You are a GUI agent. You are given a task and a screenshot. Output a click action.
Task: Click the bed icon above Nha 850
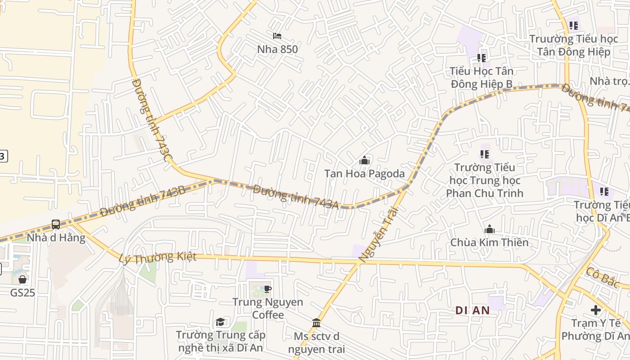point(277,36)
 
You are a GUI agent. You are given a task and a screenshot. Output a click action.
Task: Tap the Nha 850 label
point(277,49)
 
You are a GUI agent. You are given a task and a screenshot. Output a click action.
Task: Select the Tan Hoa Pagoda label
point(364,174)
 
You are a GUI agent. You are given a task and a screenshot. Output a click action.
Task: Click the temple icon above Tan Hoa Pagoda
point(364,160)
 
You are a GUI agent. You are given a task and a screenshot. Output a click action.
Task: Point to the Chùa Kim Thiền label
point(490,243)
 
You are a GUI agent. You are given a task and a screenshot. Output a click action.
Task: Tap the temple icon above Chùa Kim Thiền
point(490,229)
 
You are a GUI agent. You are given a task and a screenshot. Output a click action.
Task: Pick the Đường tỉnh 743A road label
point(296,197)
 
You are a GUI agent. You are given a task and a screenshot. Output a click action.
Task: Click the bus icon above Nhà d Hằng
point(56,224)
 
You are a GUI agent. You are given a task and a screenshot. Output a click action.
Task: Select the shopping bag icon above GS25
point(22,279)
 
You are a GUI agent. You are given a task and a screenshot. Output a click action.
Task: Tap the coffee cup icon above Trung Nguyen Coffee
point(268,289)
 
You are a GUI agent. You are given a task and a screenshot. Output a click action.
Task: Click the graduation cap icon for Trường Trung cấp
point(220,322)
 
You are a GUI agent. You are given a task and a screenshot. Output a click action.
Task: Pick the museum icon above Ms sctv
point(316,323)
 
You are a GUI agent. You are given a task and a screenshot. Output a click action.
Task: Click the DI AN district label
point(472,310)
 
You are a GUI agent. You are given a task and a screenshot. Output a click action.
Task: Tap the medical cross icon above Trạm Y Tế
point(596,310)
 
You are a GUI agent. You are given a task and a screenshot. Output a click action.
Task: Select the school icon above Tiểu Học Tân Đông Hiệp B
point(481,58)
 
